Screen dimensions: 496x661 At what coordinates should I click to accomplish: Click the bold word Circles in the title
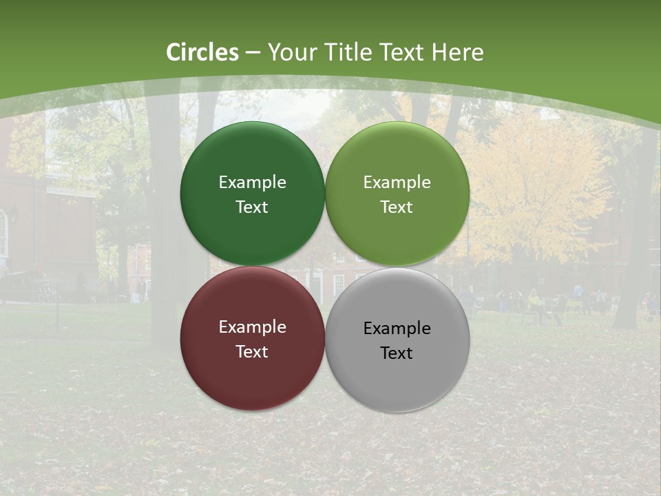coord(202,52)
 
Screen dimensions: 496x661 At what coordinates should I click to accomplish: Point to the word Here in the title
coord(457,52)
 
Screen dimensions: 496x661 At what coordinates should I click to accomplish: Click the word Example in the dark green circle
coord(252,183)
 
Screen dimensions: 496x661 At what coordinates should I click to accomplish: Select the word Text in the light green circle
coord(397,207)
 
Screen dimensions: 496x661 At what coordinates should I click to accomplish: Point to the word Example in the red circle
coord(252,327)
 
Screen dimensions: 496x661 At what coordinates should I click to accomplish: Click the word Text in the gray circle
coord(397,353)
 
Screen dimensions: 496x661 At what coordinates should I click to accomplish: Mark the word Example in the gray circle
coord(397,329)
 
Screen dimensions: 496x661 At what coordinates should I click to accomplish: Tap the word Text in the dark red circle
coord(252,352)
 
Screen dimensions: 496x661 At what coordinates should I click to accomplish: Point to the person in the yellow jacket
coord(534,301)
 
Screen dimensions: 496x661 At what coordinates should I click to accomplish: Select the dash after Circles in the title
coord(253,53)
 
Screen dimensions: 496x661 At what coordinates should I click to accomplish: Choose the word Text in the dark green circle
coord(252,207)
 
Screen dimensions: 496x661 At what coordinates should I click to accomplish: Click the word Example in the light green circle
coord(397,183)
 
